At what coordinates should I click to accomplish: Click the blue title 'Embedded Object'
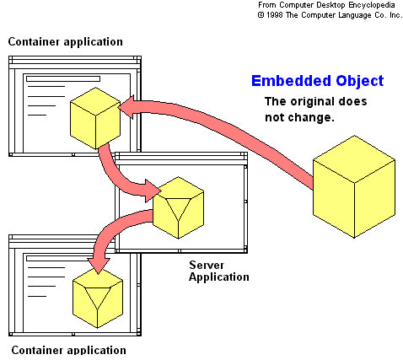(317, 81)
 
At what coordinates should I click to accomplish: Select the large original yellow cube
(354, 186)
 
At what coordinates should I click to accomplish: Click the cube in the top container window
(95, 118)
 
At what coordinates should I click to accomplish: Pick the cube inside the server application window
(178, 207)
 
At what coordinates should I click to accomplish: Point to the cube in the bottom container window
(98, 298)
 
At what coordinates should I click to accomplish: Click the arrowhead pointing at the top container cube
(126, 107)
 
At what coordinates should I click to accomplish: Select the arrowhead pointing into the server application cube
(153, 191)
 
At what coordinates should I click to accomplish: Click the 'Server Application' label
(219, 271)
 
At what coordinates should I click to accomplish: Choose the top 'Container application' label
(66, 41)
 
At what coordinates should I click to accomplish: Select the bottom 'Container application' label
(69, 350)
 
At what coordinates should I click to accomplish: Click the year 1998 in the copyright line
(275, 15)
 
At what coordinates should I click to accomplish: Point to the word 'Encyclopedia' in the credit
(372, 5)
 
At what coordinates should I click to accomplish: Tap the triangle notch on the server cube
(178, 209)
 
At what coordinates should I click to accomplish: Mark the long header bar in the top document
(63, 78)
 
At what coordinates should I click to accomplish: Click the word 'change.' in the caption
(317, 117)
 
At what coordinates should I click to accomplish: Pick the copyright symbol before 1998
(261, 15)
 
